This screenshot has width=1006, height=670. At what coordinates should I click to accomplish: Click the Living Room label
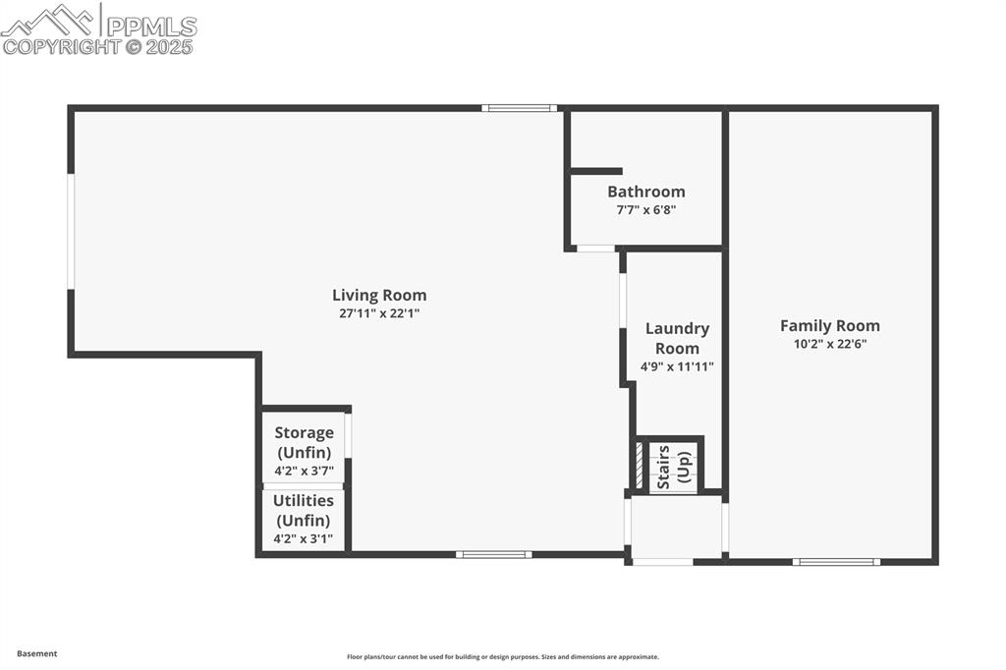pos(379,295)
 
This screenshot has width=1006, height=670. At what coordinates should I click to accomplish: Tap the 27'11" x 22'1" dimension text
pos(379,313)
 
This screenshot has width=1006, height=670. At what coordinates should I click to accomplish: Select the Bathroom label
pos(645,192)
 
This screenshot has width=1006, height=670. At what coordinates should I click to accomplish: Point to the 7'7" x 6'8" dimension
pos(645,210)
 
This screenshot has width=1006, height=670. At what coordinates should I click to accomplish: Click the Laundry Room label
pos(677,338)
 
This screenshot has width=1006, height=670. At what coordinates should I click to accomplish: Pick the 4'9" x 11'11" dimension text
pos(677,366)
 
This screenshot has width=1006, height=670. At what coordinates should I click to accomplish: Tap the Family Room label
pos(830,325)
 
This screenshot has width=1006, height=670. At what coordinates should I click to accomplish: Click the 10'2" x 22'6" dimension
pos(830,344)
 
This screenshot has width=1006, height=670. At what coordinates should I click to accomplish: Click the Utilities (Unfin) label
pos(303,510)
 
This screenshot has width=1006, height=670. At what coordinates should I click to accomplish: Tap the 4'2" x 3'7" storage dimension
pos(304,471)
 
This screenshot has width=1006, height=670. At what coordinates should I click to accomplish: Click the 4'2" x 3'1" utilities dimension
pos(303,538)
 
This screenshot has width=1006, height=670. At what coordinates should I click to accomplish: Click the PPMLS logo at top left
pos(98,28)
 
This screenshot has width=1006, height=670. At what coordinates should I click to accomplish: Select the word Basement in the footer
pos(37,653)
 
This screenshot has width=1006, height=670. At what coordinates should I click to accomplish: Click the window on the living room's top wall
pos(520,108)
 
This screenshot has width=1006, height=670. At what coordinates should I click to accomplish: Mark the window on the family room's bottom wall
pos(836,562)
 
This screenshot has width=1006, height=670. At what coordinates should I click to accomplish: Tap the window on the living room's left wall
pos(71,232)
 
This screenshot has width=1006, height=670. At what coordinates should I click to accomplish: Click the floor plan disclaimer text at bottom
pos(502,657)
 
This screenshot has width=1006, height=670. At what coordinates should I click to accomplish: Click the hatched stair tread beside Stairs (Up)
pos(640,465)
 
